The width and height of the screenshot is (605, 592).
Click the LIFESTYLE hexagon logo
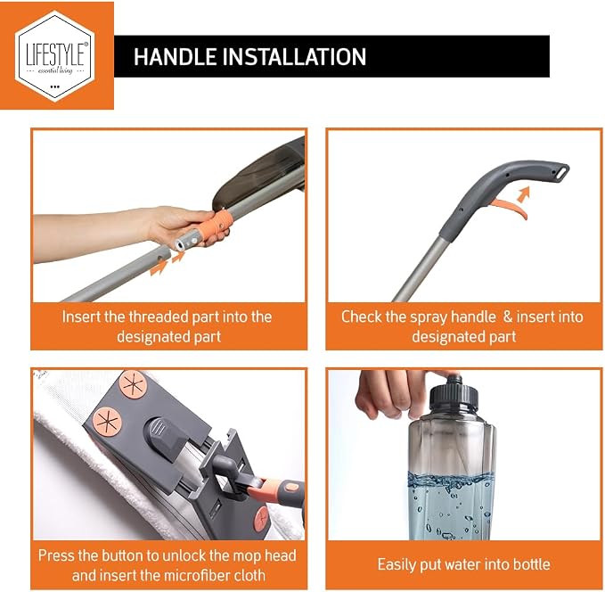tap(55, 56)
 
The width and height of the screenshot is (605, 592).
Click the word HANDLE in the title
tap(175, 57)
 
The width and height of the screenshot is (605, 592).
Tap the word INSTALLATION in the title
tap(294, 57)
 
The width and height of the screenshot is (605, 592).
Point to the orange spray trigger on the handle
tap(512, 207)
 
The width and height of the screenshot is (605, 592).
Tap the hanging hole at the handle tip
tap(561, 171)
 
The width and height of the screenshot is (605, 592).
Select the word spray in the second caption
tap(429, 317)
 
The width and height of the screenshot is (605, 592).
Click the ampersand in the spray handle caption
tap(508, 317)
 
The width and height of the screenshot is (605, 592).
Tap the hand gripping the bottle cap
tap(397, 394)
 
